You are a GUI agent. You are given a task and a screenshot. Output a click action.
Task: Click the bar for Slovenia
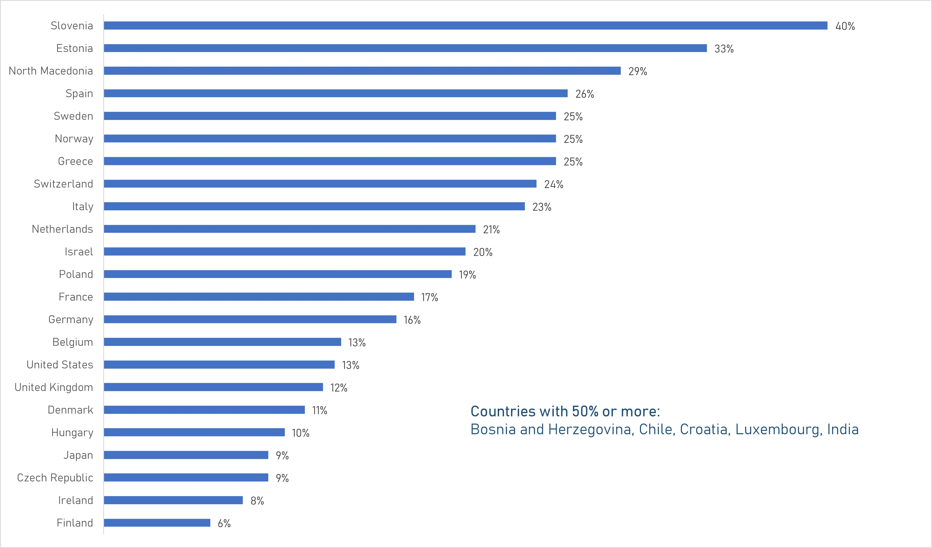(465, 25)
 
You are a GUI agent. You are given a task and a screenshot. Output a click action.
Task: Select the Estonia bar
(405, 48)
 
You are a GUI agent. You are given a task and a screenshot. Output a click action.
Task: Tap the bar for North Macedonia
(362, 71)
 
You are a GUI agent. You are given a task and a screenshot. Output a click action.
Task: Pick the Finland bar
(157, 523)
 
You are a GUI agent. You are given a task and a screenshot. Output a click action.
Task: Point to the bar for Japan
(186, 455)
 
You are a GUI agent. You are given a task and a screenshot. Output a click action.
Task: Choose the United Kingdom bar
(213, 387)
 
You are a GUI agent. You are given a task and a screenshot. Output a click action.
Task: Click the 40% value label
(845, 26)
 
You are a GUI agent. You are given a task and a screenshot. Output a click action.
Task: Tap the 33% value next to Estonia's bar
(724, 49)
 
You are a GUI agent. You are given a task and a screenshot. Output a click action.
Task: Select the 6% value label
(224, 523)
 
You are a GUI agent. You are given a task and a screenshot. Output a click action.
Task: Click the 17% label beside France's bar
(429, 297)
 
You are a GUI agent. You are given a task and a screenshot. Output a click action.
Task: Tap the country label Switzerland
(63, 184)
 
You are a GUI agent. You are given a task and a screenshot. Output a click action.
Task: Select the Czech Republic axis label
(55, 477)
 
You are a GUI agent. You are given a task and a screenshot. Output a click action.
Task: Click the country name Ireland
(75, 500)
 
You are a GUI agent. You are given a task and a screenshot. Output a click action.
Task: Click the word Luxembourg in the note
(778, 429)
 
